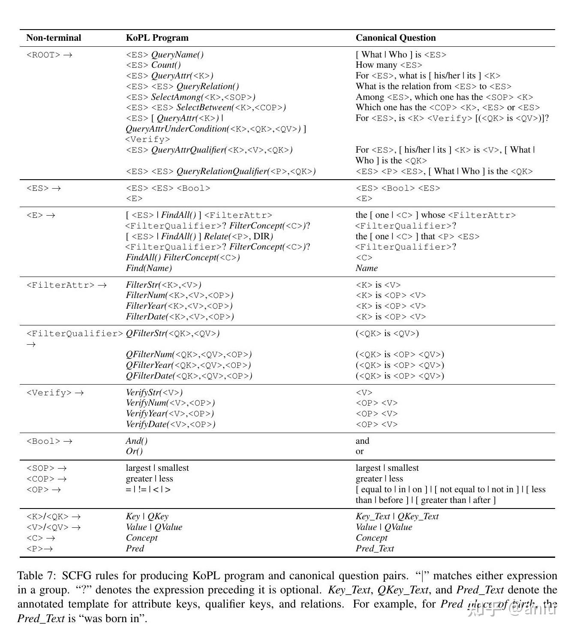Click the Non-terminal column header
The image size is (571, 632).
tap(54, 38)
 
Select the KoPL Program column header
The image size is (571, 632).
tap(157, 38)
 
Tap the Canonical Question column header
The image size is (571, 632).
tap(395, 38)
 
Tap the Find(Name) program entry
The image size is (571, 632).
tap(149, 268)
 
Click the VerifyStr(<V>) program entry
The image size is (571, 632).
tap(154, 393)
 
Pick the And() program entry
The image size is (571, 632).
tap(136, 441)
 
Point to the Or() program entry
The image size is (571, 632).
tap(134, 451)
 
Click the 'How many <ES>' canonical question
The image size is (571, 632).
tap(388, 65)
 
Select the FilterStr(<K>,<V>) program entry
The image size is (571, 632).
tap(163, 285)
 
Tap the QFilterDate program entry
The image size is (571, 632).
tap(189, 376)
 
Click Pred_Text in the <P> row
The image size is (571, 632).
tap(374, 549)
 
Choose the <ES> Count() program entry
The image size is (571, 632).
tap(153, 65)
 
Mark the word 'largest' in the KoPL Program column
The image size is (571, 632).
tap(138, 468)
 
